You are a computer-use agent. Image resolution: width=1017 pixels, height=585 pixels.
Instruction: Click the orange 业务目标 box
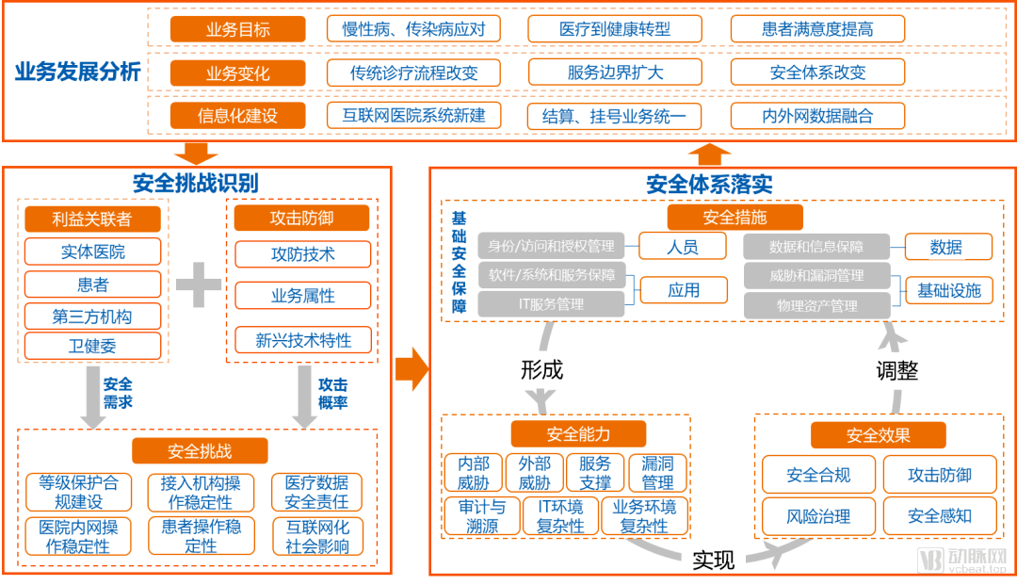(x=237, y=29)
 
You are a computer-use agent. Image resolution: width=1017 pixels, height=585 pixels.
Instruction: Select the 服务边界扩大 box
(x=616, y=73)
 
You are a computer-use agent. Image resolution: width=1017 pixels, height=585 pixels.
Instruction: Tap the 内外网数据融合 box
(x=817, y=116)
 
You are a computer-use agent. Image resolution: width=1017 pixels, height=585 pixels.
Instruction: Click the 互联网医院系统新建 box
(x=413, y=116)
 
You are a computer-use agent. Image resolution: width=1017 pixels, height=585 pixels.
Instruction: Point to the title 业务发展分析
(x=77, y=73)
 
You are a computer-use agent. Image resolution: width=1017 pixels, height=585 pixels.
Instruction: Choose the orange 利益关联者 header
(x=92, y=219)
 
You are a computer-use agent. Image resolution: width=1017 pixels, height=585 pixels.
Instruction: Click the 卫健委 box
(x=92, y=346)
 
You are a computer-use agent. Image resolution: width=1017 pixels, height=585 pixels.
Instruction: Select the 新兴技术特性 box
(x=303, y=340)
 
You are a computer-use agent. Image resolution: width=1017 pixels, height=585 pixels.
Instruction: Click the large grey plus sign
(x=199, y=284)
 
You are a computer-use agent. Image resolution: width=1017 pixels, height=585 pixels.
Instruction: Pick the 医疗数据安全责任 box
(x=316, y=492)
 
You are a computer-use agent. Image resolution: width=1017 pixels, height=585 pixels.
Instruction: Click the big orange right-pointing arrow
(x=412, y=368)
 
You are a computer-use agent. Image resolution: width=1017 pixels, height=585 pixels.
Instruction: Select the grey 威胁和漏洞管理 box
(x=816, y=276)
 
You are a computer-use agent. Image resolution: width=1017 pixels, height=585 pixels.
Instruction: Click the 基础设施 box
(x=948, y=291)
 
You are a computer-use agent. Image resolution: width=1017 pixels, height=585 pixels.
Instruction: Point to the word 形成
(x=541, y=370)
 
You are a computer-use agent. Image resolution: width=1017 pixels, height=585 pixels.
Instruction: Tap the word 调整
(x=896, y=370)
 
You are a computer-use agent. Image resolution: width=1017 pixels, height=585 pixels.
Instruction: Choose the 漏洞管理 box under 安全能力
(x=657, y=474)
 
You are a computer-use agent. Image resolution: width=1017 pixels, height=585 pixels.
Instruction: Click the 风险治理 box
(x=818, y=516)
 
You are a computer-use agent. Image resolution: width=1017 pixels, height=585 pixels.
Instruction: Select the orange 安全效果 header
(x=878, y=435)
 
